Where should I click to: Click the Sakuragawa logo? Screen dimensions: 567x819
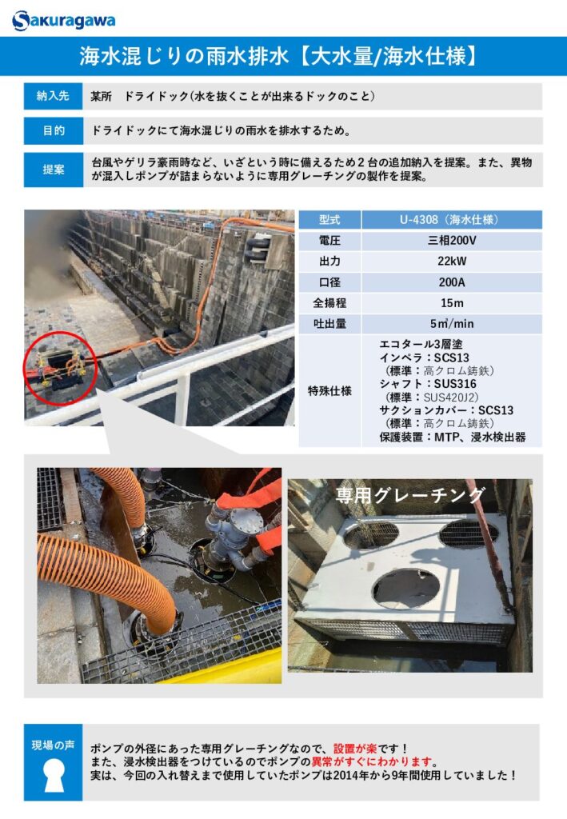click(63, 20)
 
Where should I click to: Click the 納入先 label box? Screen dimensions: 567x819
click(53, 96)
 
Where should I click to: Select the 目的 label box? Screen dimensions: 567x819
click(53, 130)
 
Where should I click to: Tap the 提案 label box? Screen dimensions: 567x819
click(53, 170)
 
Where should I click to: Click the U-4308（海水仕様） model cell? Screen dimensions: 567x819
click(452, 219)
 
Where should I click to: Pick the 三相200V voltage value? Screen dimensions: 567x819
click(452, 241)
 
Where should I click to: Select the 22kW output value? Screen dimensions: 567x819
click(452, 262)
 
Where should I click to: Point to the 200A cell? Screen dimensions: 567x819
click(452, 282)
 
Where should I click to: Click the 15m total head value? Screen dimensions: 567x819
click(452, 303)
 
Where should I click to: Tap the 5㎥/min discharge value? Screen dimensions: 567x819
click(452, 324)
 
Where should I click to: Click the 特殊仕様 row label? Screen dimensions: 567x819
click(329, 390)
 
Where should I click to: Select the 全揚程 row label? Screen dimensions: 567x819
click(329, 303)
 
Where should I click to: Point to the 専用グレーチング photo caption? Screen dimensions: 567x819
click(409, 494)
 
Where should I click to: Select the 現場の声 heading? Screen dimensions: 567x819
click(53, 745)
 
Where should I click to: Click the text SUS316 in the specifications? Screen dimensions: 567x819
click(455, 384)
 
